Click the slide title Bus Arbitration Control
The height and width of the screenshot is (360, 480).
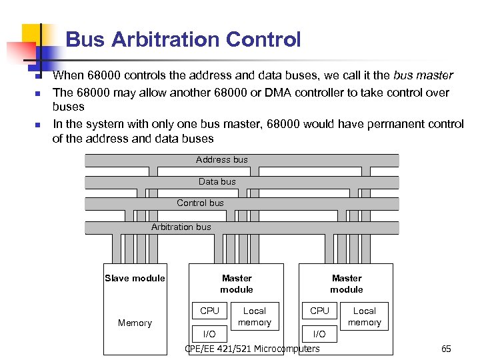[183, 40]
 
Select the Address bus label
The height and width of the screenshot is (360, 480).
[221, 160]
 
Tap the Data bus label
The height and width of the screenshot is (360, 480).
[217, 181]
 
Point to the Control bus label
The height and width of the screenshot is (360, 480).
[200, 203]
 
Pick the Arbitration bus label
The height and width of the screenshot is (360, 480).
[181, 227]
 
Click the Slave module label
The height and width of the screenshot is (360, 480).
[135, 278]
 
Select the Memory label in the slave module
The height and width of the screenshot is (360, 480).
[135, 323]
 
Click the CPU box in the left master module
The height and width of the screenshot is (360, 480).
[209, 311]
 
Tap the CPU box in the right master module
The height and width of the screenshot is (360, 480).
[319, 311]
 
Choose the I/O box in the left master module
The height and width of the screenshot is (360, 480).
[209, 334]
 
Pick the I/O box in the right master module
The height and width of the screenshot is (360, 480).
[319, 334]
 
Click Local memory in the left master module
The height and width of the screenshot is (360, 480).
[255, 317]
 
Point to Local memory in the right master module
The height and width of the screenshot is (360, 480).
[365, 317]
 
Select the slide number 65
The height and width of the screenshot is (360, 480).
[446, 349]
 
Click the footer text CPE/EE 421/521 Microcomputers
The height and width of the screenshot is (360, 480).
[252, 349]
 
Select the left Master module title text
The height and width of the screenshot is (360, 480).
[237, 283]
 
